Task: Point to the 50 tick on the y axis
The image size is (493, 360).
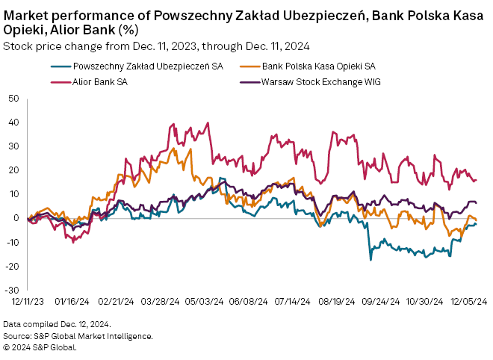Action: (x=13, y=98)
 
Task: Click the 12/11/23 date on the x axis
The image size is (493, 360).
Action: (x=28, y=302)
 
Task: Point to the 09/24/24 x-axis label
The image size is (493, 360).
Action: (x=382, y=302)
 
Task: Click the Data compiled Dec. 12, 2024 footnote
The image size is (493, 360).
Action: (x=57, y=324)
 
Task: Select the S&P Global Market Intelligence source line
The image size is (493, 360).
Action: (x=78, y=336)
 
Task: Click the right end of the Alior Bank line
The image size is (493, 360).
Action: (x=477, y=179)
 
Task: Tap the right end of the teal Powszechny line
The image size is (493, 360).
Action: (x=477, y=223)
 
